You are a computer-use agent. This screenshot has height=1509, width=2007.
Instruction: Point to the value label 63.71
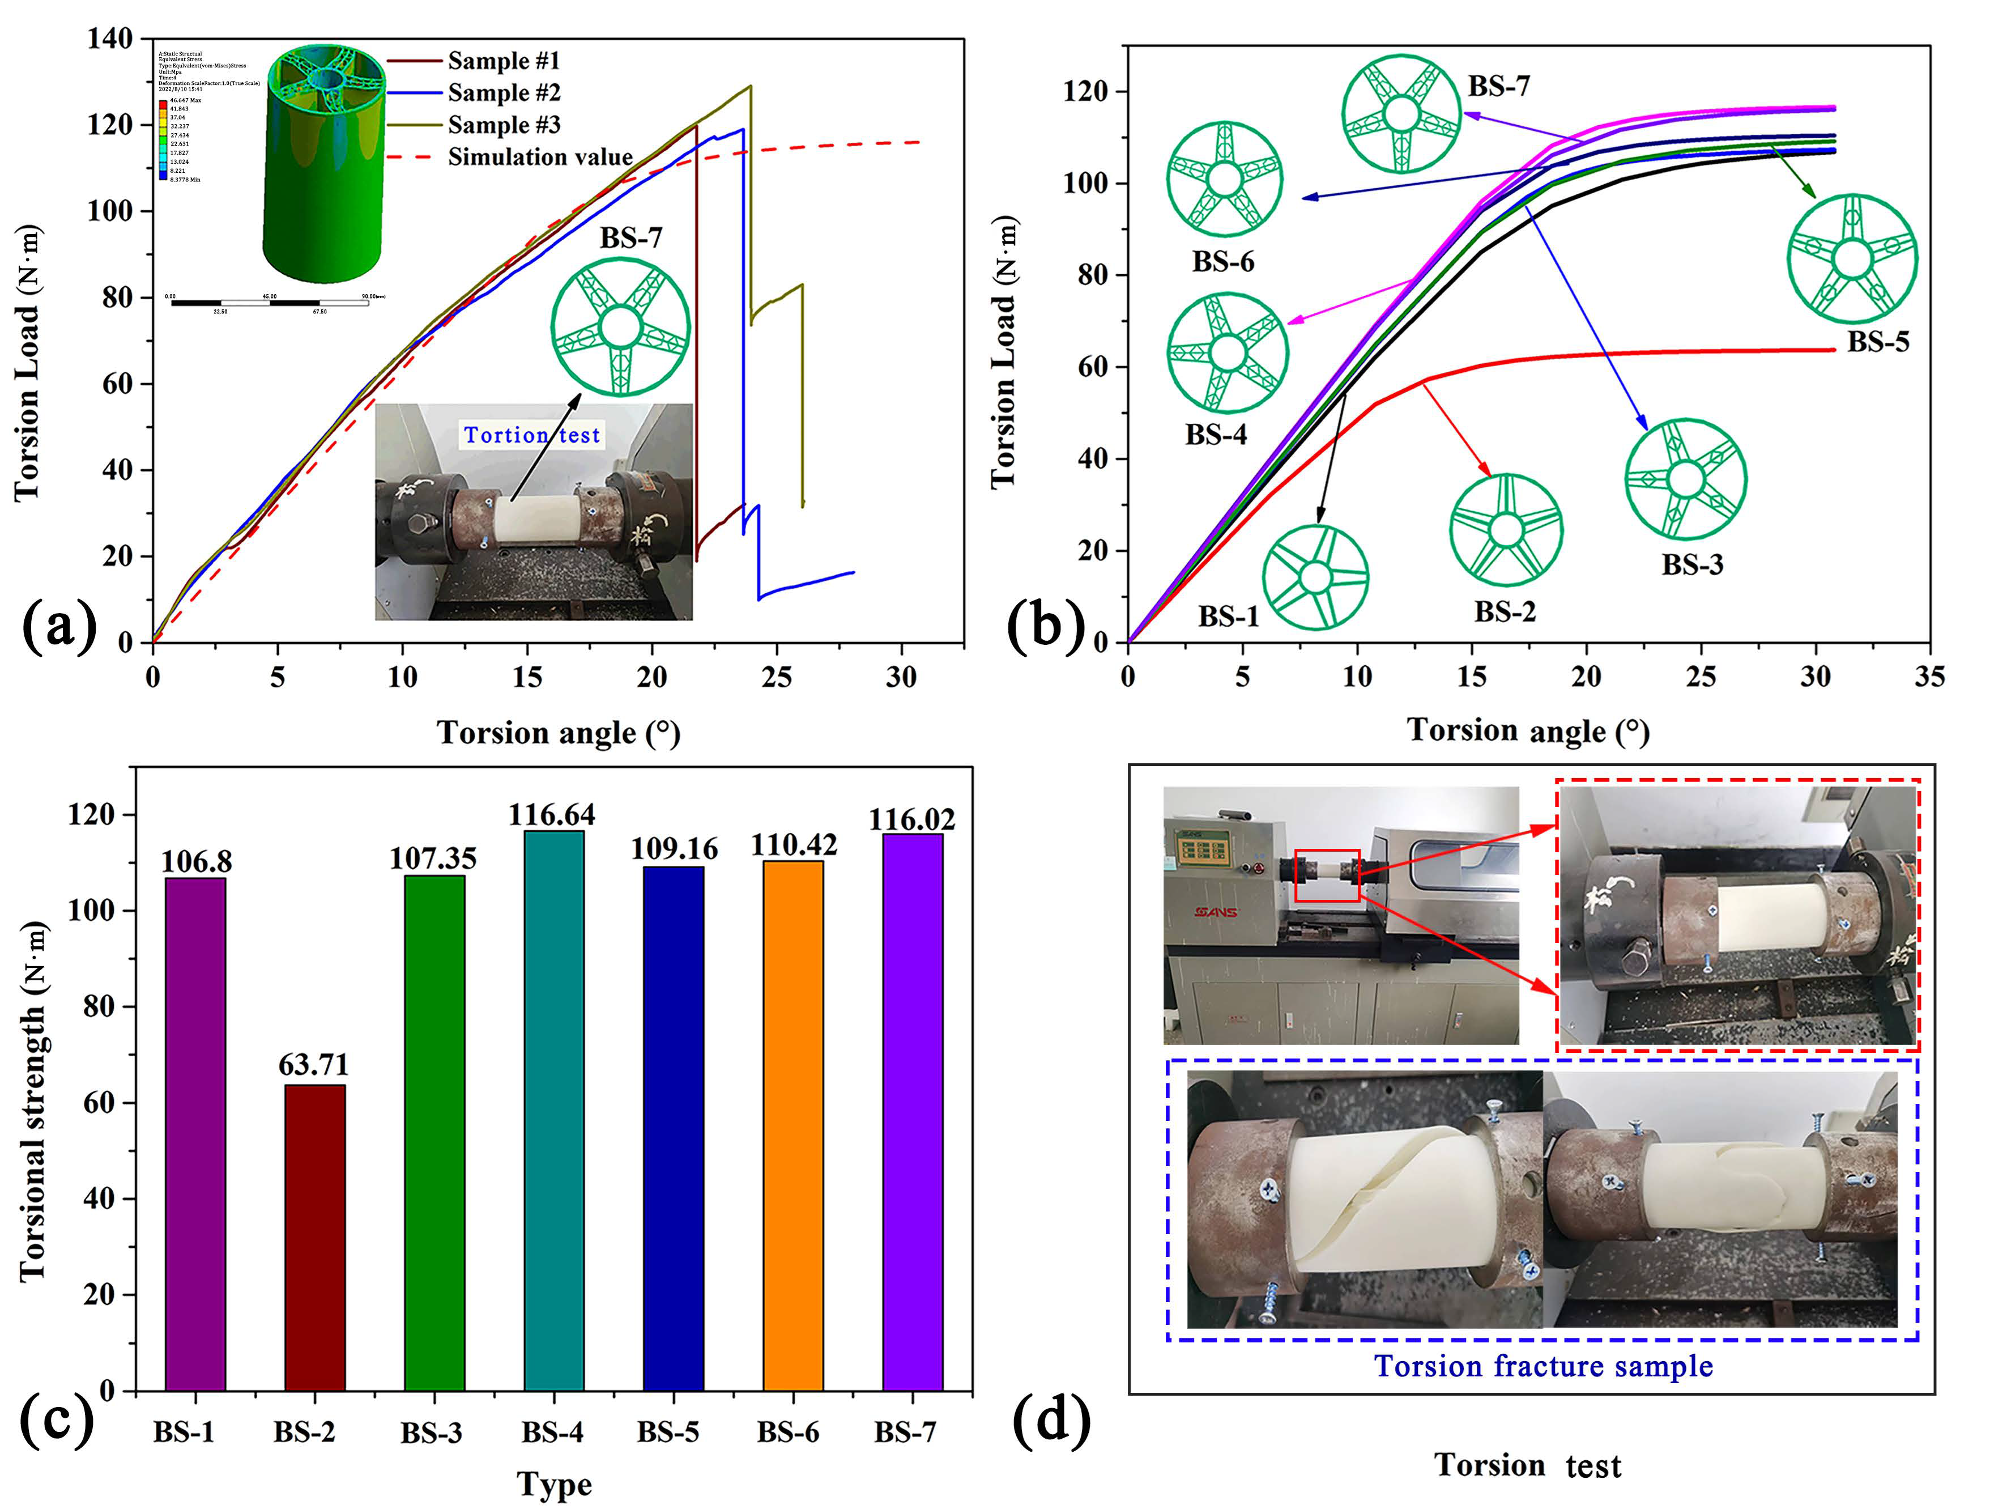click(x=314, y=1064)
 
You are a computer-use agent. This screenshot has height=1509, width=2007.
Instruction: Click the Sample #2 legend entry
click(x=504, y=92)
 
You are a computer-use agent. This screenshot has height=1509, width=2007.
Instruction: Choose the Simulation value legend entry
click(x=540, y=157)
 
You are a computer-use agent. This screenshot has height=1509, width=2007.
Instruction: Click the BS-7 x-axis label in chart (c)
click(x=905, y=1432)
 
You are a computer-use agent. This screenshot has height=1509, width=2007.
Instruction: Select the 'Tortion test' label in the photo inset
click(x=532, y=436)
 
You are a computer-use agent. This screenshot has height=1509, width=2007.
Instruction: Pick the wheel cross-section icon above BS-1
click(x=1315, y=576)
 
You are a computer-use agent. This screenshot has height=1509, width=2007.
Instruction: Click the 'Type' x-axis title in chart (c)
click(x=555, y=1485)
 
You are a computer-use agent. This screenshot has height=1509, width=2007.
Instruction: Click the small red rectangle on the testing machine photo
click(x=1327, y=875)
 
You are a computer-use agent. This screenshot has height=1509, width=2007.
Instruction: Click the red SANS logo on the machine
click(x=1216, y=911)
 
